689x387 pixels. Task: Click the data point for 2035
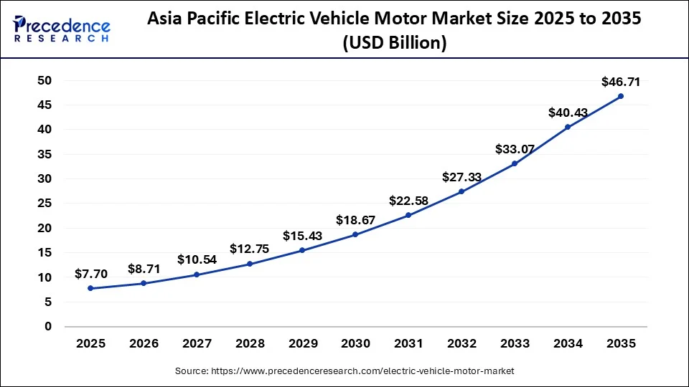coord(621,96)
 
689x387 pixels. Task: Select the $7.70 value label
coord(91,274)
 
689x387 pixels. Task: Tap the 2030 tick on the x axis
coord(355,344)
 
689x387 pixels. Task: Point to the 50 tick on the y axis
coord(44,80)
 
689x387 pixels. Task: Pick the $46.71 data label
coord(620,82)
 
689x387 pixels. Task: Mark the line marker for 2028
coord(250,264)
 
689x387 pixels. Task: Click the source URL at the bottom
coord(344,371)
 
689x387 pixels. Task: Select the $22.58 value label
coord(408,201)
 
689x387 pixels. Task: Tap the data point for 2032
coord(461,191)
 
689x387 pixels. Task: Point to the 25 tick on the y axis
coord(44,204)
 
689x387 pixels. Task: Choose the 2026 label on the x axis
coord(144,344)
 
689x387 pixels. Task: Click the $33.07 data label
coord(515,149)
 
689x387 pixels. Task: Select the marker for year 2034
coord(568,127)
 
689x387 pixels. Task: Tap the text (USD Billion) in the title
coord(394,43)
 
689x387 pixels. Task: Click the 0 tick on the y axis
coord(48,327)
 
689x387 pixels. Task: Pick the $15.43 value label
coord(302,236)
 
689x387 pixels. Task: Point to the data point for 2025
coord(90,288)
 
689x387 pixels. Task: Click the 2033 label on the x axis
coord(515,344)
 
